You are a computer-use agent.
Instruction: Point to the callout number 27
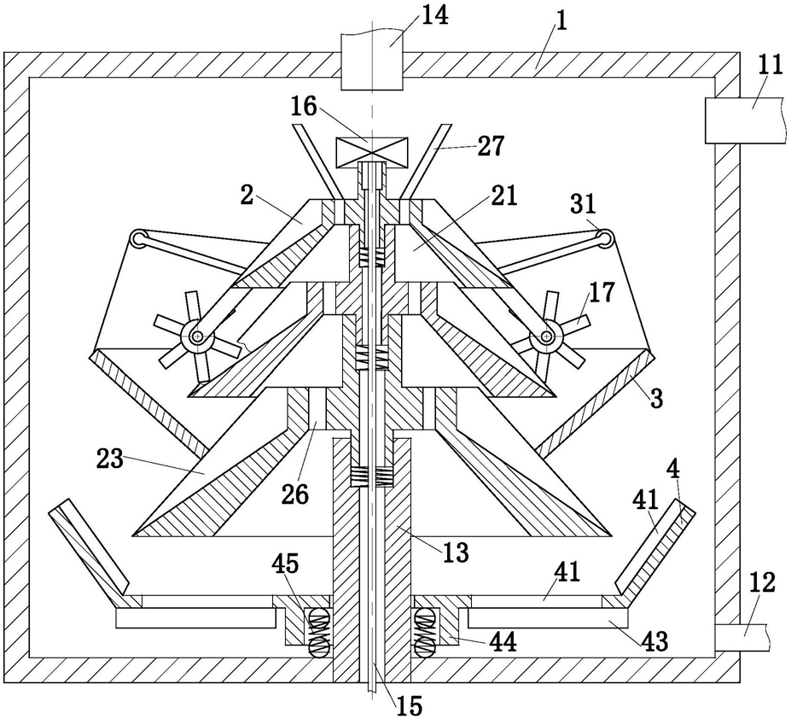489,146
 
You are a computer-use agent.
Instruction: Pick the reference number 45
285,564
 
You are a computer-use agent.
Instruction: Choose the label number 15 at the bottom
408,704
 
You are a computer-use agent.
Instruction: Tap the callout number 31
584,204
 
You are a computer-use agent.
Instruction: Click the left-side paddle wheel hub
198,336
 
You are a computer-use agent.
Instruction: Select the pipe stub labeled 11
745,120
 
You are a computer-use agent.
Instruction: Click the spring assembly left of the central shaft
317,632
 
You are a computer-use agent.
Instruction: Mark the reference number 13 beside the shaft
456,552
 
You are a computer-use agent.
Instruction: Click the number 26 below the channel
295,494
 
